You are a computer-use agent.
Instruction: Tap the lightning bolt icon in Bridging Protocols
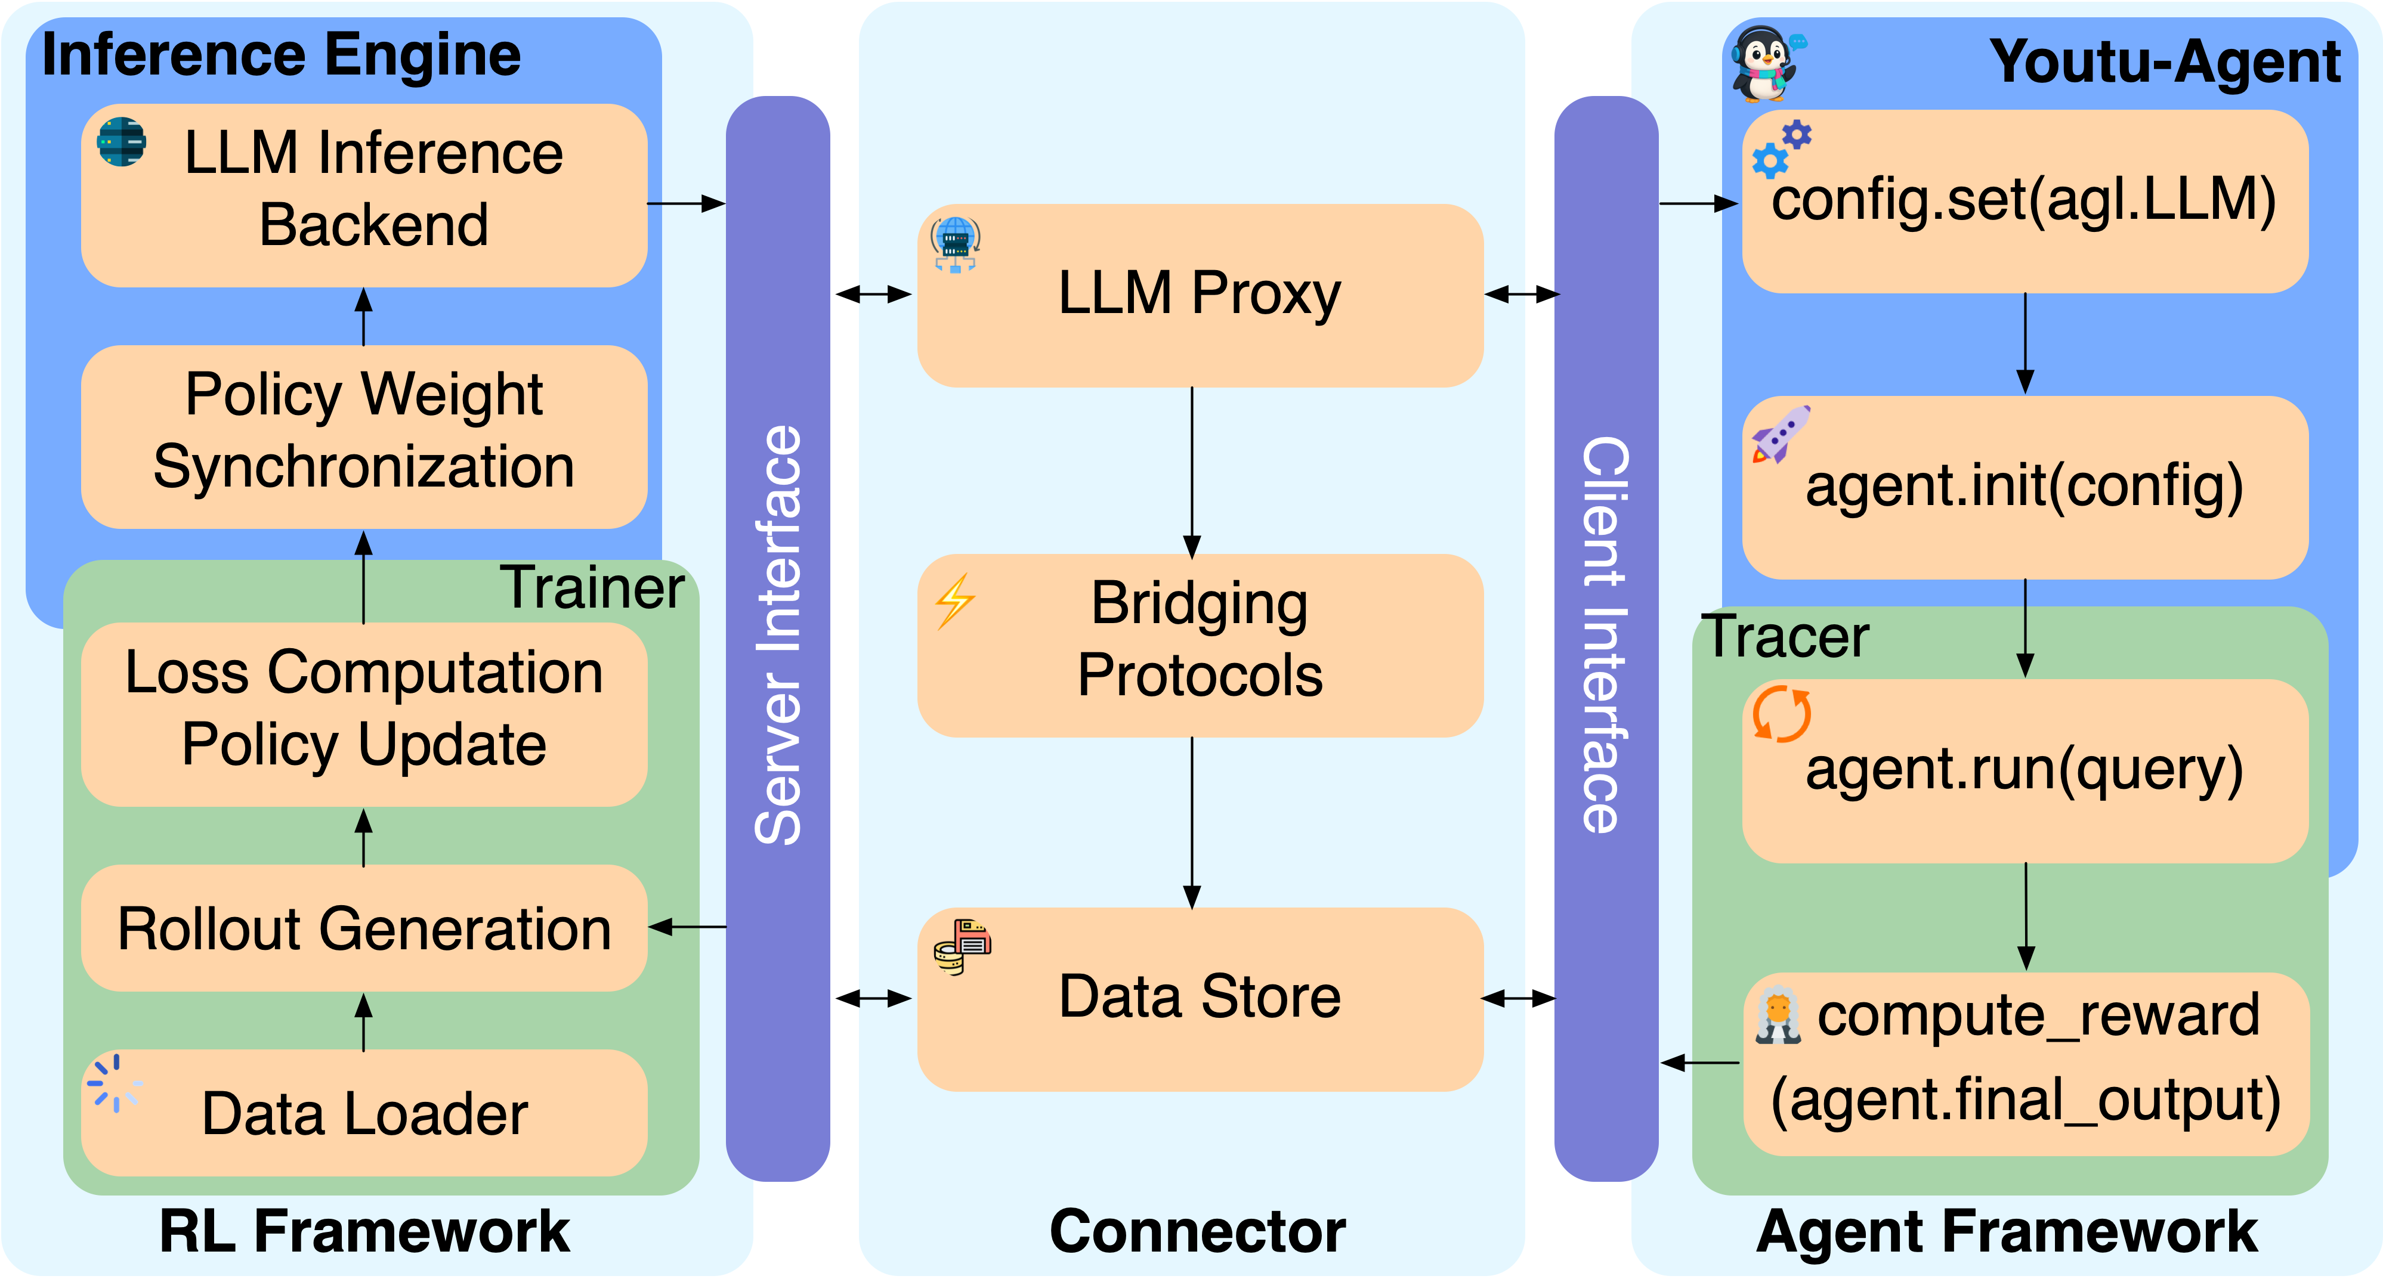954,601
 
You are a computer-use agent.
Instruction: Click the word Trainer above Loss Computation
592,587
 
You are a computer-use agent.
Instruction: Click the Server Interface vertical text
777,636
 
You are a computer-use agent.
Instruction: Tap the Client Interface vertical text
1605,636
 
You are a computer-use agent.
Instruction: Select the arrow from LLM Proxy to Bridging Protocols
1192,472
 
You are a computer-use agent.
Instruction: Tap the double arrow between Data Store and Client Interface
1519,999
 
